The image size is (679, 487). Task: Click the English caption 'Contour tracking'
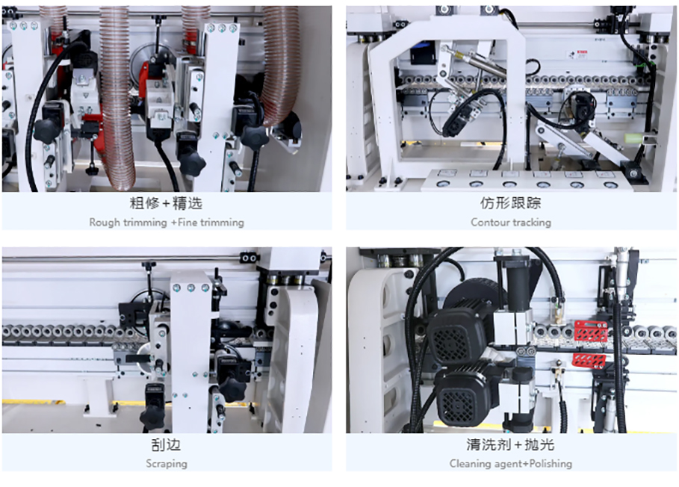(510, 223)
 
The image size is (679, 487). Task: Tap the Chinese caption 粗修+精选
(167, 203)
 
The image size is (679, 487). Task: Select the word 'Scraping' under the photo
(167, 464)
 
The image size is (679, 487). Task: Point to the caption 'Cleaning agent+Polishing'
(510, 464)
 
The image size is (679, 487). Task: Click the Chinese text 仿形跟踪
(510, 203)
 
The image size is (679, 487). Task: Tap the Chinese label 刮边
(167, 444)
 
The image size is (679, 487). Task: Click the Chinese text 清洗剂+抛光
(510, 444)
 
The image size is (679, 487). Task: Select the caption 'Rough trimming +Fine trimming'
(167, 223)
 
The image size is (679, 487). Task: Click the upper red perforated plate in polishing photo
(591, 331)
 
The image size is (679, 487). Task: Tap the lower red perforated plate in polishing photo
(589, 361)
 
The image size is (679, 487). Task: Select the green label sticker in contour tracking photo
(633, 138)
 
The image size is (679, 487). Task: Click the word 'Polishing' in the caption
(551, 464)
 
